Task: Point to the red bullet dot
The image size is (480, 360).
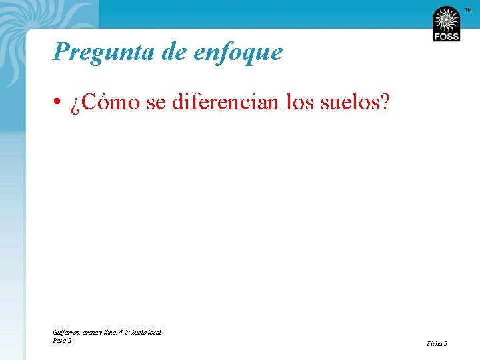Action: click(x=59, y=103)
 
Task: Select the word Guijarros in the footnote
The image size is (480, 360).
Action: click(x=65, y=332)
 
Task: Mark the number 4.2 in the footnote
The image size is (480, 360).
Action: click(x=125, y=332)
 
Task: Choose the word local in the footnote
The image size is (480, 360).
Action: click(x=155, y=332)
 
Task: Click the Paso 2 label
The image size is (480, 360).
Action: click(x=62, y=340)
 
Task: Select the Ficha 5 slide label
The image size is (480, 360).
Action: click(x=437, y=343)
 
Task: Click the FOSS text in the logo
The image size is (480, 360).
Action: click(x=446, y=37)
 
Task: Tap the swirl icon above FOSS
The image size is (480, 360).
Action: click(x=446, y=19)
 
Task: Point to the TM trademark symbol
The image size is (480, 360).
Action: click(x=468, y=9)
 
